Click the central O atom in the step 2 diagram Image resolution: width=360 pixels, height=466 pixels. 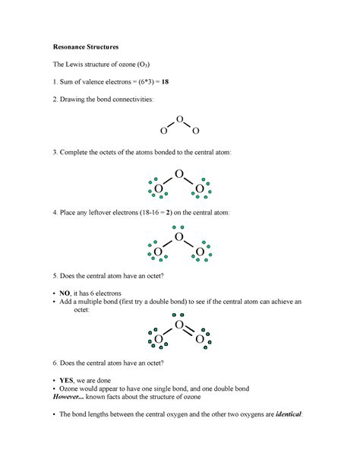(x=179, y=119)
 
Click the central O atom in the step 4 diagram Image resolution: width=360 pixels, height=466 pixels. (x=179, y=237)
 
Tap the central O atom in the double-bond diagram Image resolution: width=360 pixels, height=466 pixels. (x=179, y=325)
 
